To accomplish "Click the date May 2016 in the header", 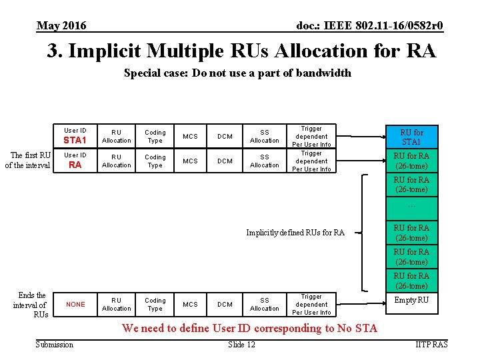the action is click(x=61, y=26).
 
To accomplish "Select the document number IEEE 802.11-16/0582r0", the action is click(x=369, y=26).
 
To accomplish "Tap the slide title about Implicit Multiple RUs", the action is click(x=241, y=51).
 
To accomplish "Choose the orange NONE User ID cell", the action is click(x=75, y=305).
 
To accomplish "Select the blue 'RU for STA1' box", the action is click(x=411, y=137).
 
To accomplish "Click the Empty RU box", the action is click(x=411, y=300).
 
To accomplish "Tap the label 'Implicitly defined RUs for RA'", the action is click(x=295, y=233).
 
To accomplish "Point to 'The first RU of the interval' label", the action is click(x=28, y=161).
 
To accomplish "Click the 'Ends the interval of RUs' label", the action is click(x=31, y=305).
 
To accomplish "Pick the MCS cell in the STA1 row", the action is click(x=191, y=137).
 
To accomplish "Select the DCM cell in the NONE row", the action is click(x=225, y=305).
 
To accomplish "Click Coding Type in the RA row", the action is click(x=155, y=161).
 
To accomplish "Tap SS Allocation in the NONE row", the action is click(x=265, y=305).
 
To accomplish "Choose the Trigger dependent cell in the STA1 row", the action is click(x=311, y=137).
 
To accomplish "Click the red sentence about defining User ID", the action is click(x=249, y=328).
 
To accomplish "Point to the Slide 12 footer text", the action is click(x=241, y=344).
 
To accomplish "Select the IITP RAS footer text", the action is click(x=431, y=344).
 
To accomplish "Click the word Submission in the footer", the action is click(x=55, y=344).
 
